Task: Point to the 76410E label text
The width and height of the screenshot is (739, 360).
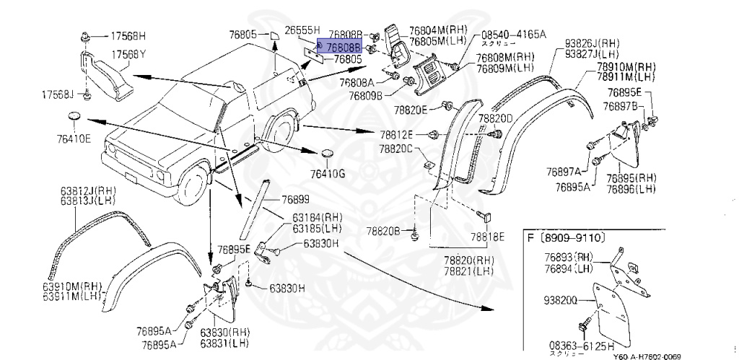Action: click(x=75, y=139)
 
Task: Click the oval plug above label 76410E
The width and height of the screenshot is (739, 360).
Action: click(x=74, y=117)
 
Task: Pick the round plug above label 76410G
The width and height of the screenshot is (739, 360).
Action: click(x=328, y=154)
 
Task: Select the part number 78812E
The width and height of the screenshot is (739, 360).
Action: click(x=398, y=134)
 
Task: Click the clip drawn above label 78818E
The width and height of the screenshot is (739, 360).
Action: click(x=484, y=214)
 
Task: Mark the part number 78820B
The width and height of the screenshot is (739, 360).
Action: click(x=382, y=231)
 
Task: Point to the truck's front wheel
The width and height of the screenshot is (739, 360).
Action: click(x=191, y=189)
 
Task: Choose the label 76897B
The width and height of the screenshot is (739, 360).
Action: click(x=624, y=106)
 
